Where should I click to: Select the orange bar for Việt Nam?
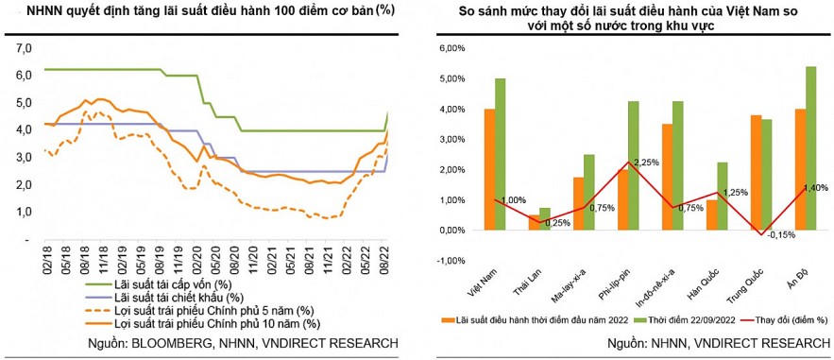click(x=488, y=169)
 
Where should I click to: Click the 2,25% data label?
click(x=620, y=162)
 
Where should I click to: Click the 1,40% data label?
click(x=815, y=188)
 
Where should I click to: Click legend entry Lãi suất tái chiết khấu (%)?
click(x=165, y=297)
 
